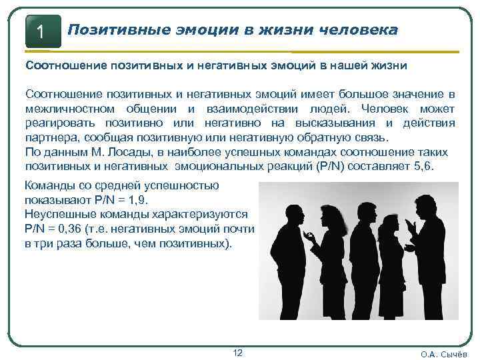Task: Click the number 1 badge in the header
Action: (42, 31)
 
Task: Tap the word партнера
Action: (52, 137)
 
